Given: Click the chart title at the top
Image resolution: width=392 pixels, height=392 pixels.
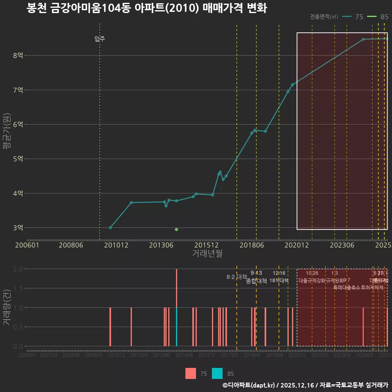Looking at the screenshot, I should point(146,8).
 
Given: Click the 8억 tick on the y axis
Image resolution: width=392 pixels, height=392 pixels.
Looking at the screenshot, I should point(18,56).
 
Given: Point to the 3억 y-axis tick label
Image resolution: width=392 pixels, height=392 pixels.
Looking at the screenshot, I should point(18,228).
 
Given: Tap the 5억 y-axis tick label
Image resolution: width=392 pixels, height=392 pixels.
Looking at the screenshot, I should point(18,159).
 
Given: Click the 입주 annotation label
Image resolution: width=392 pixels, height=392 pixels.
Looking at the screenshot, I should point(100,39).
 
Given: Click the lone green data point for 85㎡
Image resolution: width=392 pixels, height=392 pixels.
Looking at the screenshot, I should point(176,229).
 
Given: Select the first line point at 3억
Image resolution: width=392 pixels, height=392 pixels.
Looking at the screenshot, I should point(110,227).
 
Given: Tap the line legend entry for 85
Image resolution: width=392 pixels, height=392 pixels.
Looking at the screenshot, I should point(378,17).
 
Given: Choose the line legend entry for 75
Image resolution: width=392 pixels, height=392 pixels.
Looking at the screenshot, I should point(353,17).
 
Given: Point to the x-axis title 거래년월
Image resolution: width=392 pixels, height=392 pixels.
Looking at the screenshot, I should point(207,254).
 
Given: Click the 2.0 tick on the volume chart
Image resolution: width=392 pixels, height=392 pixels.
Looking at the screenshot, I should point(18,269).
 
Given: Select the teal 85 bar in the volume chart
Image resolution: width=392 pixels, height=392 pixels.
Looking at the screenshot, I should point(176,327).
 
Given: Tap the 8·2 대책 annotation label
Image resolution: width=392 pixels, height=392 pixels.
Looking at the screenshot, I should point(237,277).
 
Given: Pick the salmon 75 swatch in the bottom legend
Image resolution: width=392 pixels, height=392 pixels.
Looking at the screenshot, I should point(191,373).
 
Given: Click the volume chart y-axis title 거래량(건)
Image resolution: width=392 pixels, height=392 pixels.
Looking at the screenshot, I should point(7,307).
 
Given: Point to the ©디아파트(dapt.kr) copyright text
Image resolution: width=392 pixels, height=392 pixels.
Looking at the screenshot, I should point(249,385).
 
